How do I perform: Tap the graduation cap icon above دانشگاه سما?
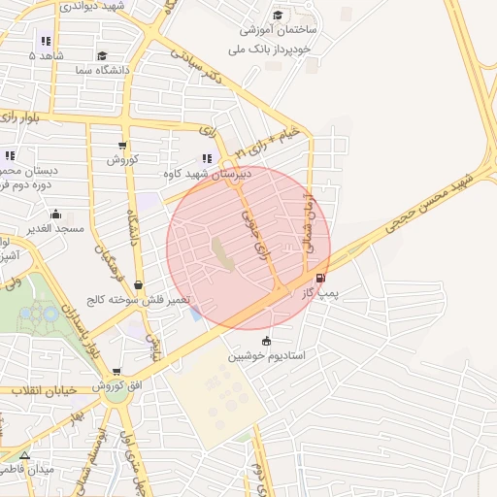[103, 55]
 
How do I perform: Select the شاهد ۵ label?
[46, 56]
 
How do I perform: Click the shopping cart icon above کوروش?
[122, 146]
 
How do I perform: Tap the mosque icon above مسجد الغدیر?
[55, 215]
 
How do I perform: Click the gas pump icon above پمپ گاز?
[320, 278]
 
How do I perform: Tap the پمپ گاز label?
[320, 291]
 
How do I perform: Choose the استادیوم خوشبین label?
[267, 356]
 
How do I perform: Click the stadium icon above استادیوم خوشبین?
[266, 341]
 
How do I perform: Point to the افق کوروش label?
[117, 386]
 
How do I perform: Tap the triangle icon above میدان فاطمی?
[24, 454]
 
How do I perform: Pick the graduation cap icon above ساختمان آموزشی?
[278, 16]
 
